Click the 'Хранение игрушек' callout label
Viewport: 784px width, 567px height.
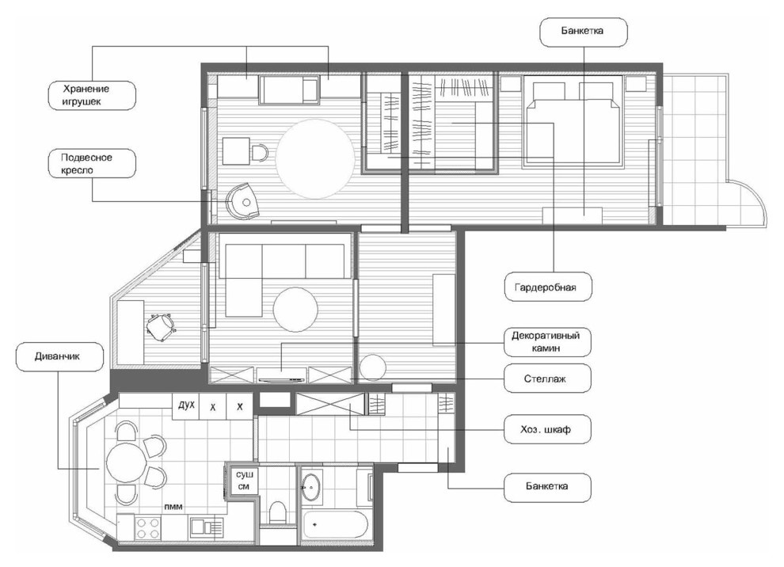click(92, 96)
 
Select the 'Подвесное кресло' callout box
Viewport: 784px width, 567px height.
click(92, 163)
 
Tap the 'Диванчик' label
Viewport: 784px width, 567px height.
click(60, 356)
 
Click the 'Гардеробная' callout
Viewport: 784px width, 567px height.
click(548, 287)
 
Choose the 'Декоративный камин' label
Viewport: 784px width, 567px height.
click(548, 342)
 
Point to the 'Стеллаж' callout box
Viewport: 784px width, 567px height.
click(548, 379)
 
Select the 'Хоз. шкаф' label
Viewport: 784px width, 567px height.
click(548, 429)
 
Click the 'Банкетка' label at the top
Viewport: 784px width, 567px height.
click(584, 32)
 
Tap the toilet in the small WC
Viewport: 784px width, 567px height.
click(277, 512)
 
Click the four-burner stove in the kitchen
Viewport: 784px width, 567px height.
click(149, 528)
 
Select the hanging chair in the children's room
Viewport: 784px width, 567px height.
click(242, 201)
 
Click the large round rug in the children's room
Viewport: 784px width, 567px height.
click(315, 158)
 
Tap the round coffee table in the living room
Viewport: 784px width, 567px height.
click(295, 310)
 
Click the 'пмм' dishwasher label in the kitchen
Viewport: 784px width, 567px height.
click(173, 507)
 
